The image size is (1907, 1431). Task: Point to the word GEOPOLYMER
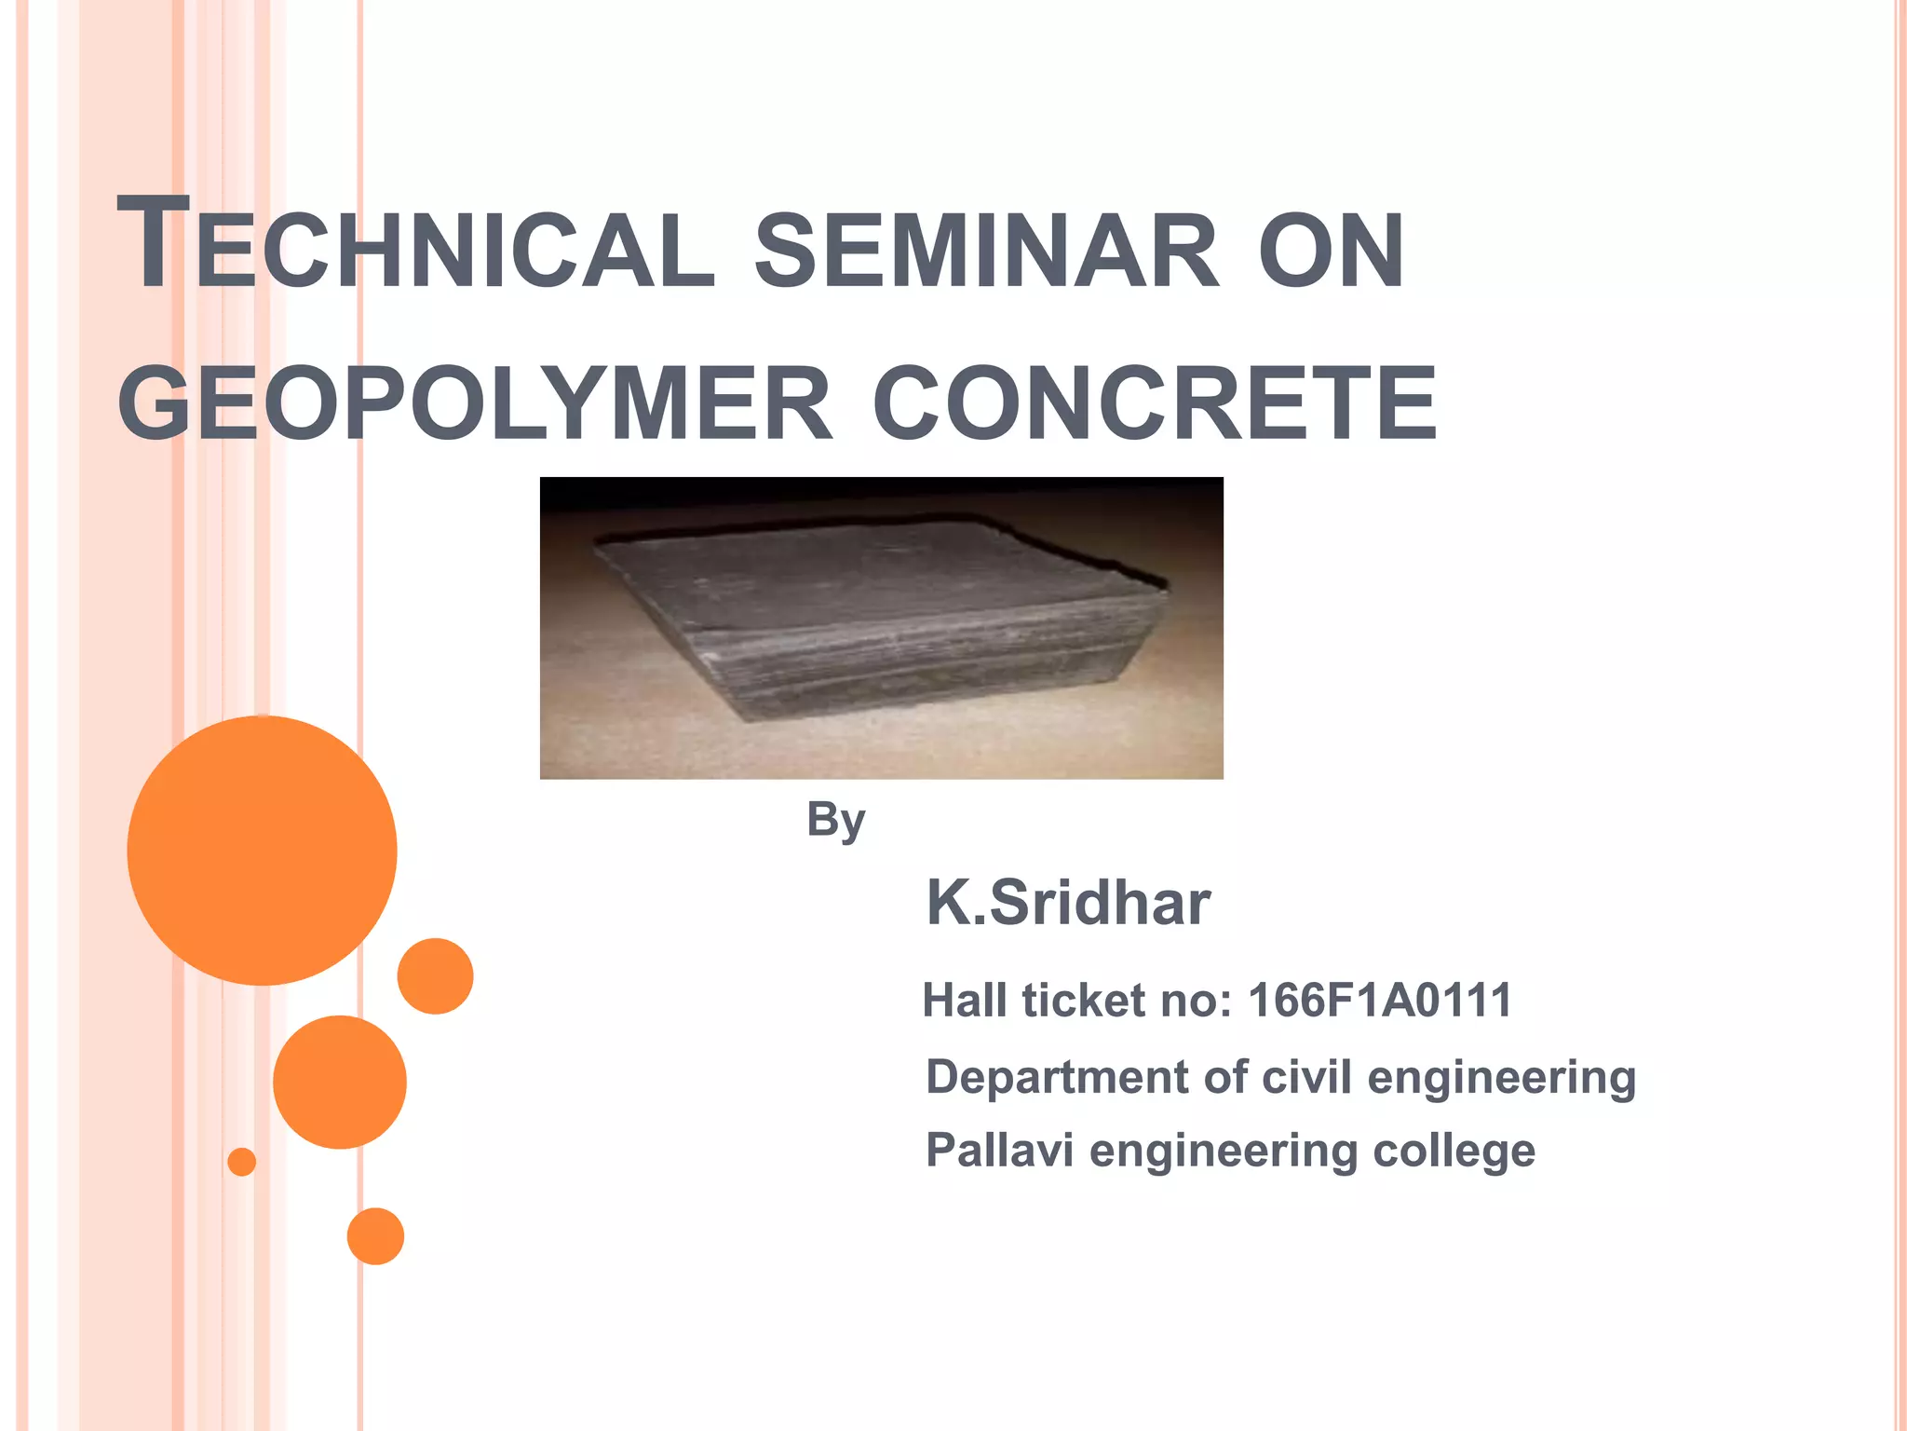click(x=475, y=403)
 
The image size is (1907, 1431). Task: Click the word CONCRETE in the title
click(x=1155, y=403)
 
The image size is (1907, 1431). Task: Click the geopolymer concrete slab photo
click(x=881, y=628)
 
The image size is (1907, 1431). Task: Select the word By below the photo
click(x=836, y=820)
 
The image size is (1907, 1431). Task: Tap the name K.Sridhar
click(x=1068, y=903)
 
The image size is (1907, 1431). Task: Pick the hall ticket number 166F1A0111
click(x=1380, y=1001)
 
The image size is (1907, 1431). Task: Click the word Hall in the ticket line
click(x=965, y=1001)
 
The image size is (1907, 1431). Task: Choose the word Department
click(x=1058, y=1078)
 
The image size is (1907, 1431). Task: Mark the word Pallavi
click(x=1000, y=1150)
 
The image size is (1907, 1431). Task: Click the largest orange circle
click(x=262, y=851)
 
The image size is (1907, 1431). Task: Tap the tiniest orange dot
click(x=242, y=1162)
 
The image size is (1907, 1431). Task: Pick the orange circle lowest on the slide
click(x=375, y=1236)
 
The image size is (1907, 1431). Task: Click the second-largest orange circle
click(x=340, y=1082)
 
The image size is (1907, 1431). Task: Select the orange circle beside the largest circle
click(x=435, y=976)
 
